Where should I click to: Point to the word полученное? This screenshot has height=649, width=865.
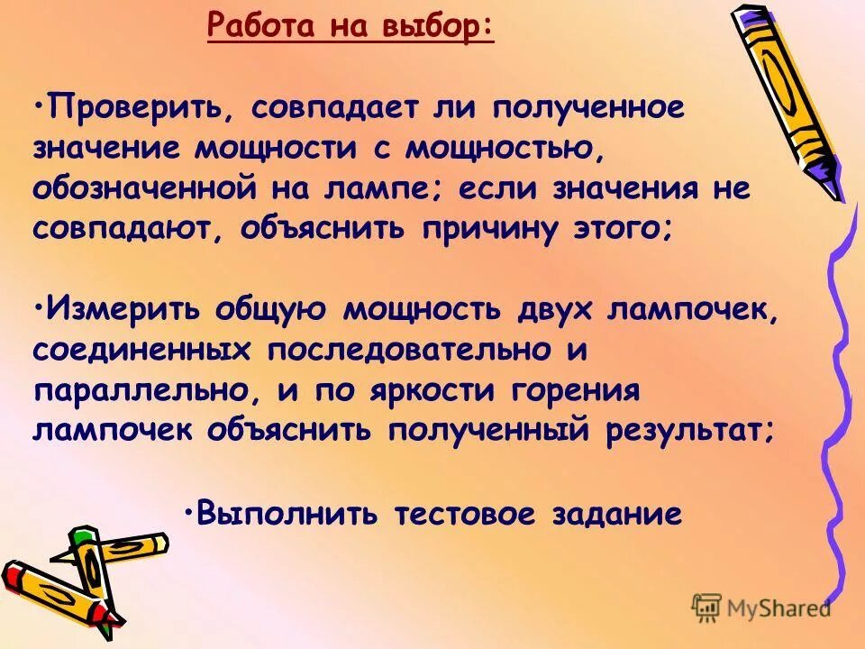588,110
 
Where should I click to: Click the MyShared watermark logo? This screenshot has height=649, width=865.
760,607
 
